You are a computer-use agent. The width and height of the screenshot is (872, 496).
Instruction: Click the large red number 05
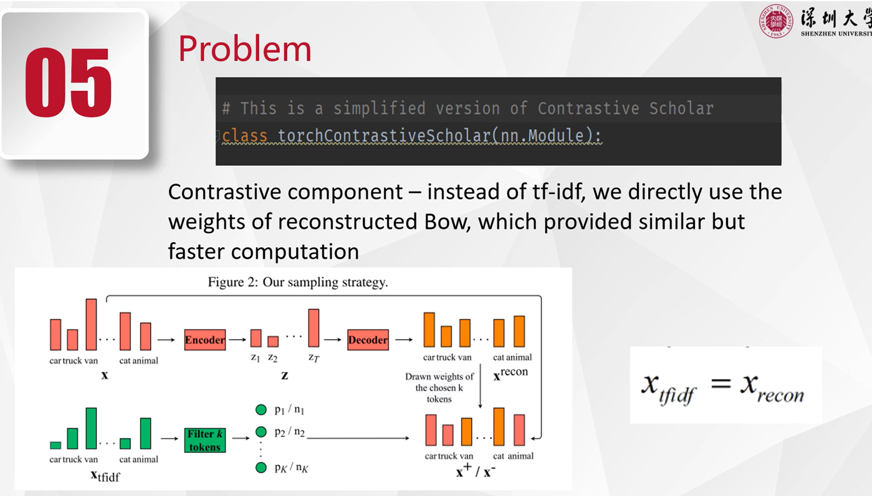click(x=69, y=82)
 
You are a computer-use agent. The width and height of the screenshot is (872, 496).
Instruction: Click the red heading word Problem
click(x=245, y=49)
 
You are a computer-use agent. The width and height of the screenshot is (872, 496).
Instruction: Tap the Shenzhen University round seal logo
click(x=776, y=21)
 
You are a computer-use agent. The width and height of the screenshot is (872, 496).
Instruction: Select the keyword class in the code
click(x=244, y=136)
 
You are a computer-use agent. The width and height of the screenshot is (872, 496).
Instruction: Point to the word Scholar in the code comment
click(x=681, y=108)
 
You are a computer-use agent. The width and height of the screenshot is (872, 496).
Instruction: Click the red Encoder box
click(x=205, y=340)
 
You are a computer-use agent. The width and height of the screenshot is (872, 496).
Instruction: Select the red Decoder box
click(x=368, y=340)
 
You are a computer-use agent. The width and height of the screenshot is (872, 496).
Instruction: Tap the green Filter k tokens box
click(x=205, y=441)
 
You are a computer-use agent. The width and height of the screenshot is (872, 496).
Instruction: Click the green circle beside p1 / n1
click(x=261, y=409)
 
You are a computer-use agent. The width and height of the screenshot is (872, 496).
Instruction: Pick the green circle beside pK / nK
click(x=261, y=467)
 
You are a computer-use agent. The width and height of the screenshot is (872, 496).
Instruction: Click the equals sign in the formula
click(x=721, y=384)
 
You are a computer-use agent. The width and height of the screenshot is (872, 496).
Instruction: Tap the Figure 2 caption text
click(x=298, y=282)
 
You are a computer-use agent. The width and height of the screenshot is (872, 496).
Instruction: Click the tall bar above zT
click(x=314, y=328)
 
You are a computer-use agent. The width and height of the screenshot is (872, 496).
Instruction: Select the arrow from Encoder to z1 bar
click(x=237, y=340)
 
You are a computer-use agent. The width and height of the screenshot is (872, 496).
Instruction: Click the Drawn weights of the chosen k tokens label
click(x=439, y=388)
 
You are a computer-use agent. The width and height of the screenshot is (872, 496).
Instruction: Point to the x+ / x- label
click(x=476, y=470)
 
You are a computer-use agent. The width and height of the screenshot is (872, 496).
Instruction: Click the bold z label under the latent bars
click(x=285, y=376)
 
